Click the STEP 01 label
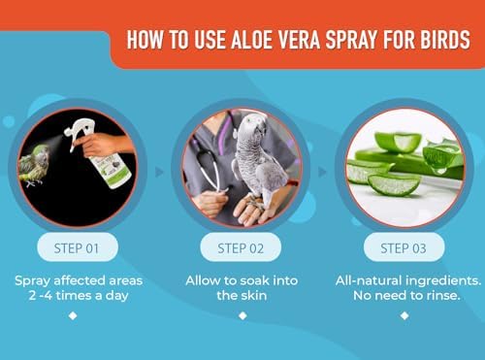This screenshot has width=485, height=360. click(x=77, y=248)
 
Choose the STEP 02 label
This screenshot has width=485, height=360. click(x=241, y=248)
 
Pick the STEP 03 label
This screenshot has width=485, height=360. click(x=404, y=248)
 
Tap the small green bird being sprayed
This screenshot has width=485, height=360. click(x=34, y=166)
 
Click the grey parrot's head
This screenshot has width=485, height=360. click(x=255, y=127)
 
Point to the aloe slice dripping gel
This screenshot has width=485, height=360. click(x=442, y=157)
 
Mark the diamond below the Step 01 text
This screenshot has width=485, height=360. click(x=73, y=315)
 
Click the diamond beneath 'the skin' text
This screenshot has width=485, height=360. click(x=242, y=315)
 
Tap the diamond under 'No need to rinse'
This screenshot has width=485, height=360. click(x=404, y=315)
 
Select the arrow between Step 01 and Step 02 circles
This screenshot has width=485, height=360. click(x=159, y=172)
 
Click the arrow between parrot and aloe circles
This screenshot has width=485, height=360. click(x=322, y=172)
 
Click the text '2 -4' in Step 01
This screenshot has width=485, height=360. click(x=41, y=295)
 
